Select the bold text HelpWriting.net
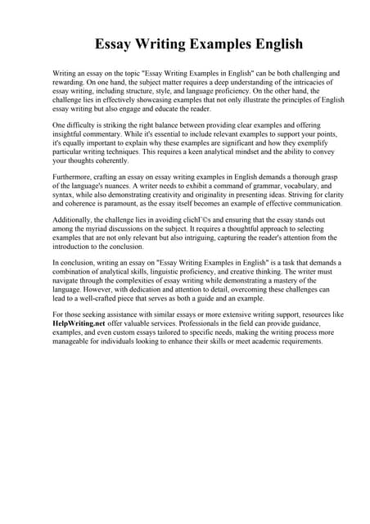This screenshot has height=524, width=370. [x=82, y=323]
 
